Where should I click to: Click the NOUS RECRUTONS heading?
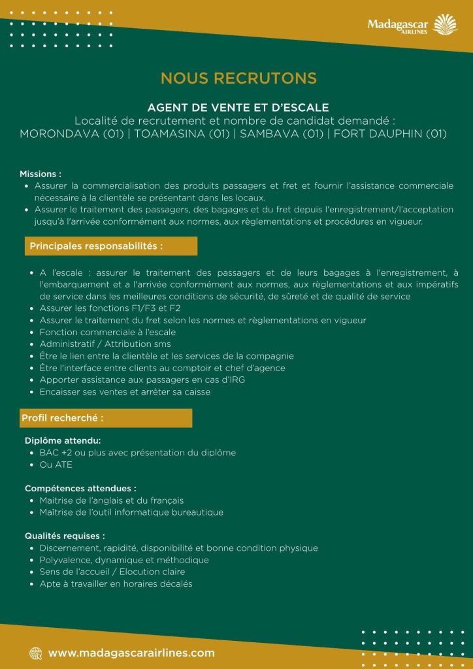click(238, 78)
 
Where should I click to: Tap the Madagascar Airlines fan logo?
click(447, 25)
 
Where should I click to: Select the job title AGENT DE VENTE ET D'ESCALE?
click(238, 106)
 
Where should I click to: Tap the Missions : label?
click(41, 174)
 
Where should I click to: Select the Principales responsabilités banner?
click(110, 246)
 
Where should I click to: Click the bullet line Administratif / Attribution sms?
click(105, 344)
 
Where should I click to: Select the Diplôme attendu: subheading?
click(63, 440)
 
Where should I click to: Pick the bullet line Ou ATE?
click(56, 465)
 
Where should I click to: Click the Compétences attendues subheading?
click(80, 488)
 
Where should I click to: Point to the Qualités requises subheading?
click(65, 536)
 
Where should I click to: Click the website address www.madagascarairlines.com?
click(131, 653)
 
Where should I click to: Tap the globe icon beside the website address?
click(35, 653)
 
